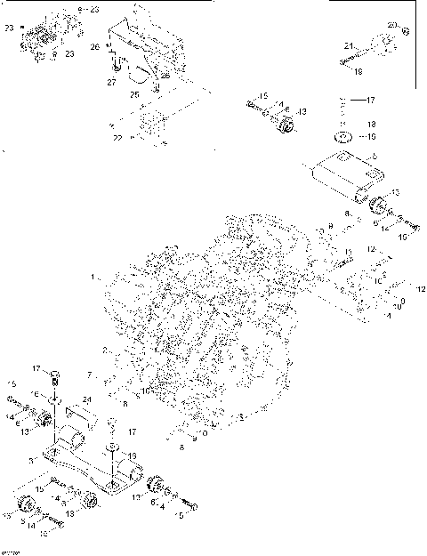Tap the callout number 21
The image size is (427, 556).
(x=350, y=44)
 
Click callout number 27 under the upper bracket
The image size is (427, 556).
(x=112, y=82)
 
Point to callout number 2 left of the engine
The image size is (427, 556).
(x=104, y=350)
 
